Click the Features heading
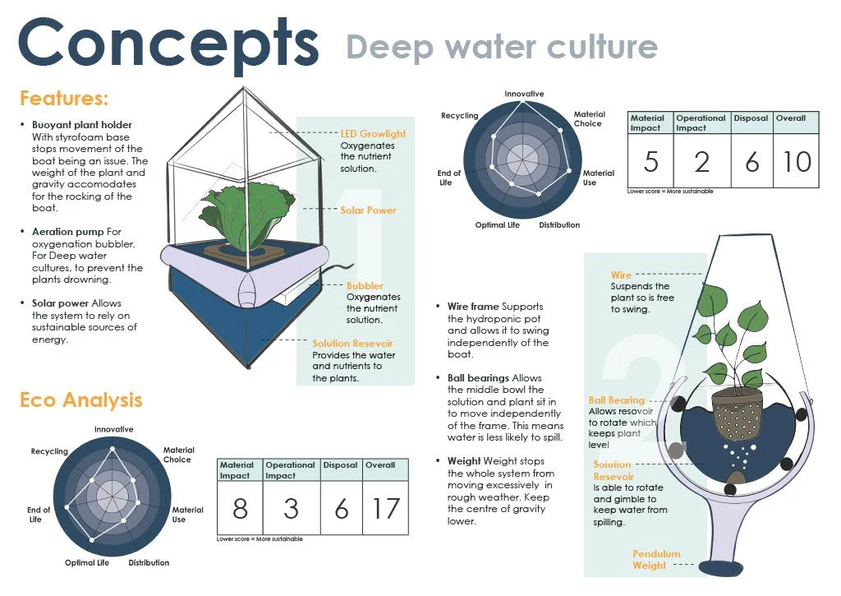[64, 99]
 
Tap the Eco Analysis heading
[80, 400]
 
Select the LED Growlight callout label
[373, 134]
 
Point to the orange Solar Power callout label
[368, 210]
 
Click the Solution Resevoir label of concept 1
[352, 344]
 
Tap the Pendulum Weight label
[656, 560]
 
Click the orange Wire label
[621, 275]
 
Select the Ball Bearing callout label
[617, 400]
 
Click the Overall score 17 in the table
[384, 509]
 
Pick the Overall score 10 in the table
[796, 162]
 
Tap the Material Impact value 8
[240, 509]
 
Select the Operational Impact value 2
[701, 162]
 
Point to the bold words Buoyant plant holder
[76, 125]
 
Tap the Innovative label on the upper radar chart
[524, 94]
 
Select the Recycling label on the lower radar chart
[49, 451]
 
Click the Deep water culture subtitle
[501, 47]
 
